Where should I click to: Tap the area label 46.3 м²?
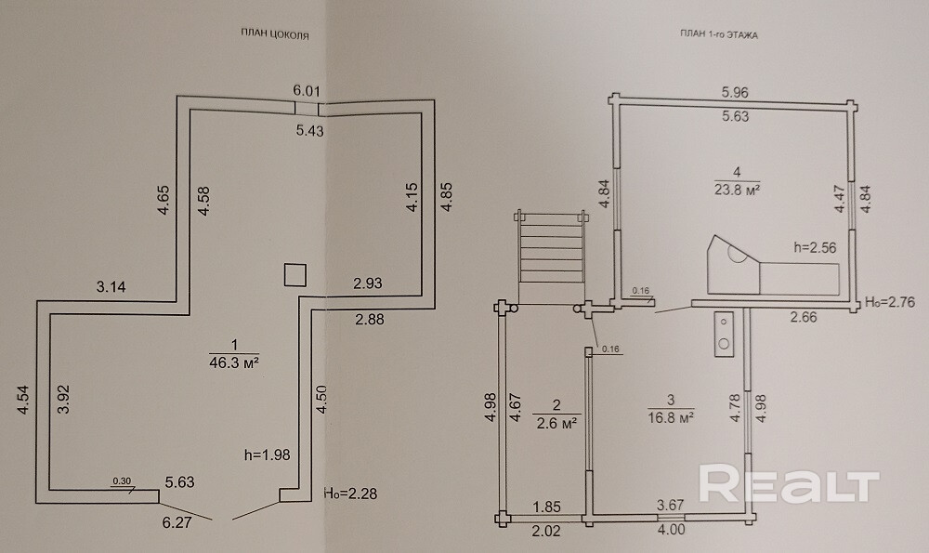tap(234, 363)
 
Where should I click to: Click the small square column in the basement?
tap(294, 275)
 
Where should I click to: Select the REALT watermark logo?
tap(788, 485)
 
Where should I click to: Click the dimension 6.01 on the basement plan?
tap(307, 91)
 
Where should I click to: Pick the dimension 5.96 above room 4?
tap(736, 93)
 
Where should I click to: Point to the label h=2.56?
tap(817, 247)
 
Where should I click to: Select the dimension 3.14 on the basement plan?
tap(112, 286)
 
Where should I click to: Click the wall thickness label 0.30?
tap(121, 481)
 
